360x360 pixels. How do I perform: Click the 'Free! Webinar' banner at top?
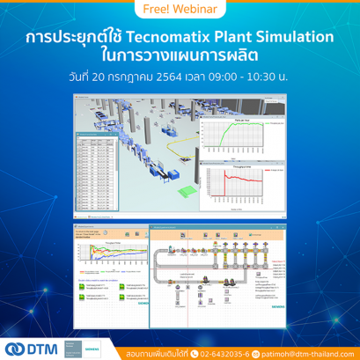[x=180, y=9]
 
